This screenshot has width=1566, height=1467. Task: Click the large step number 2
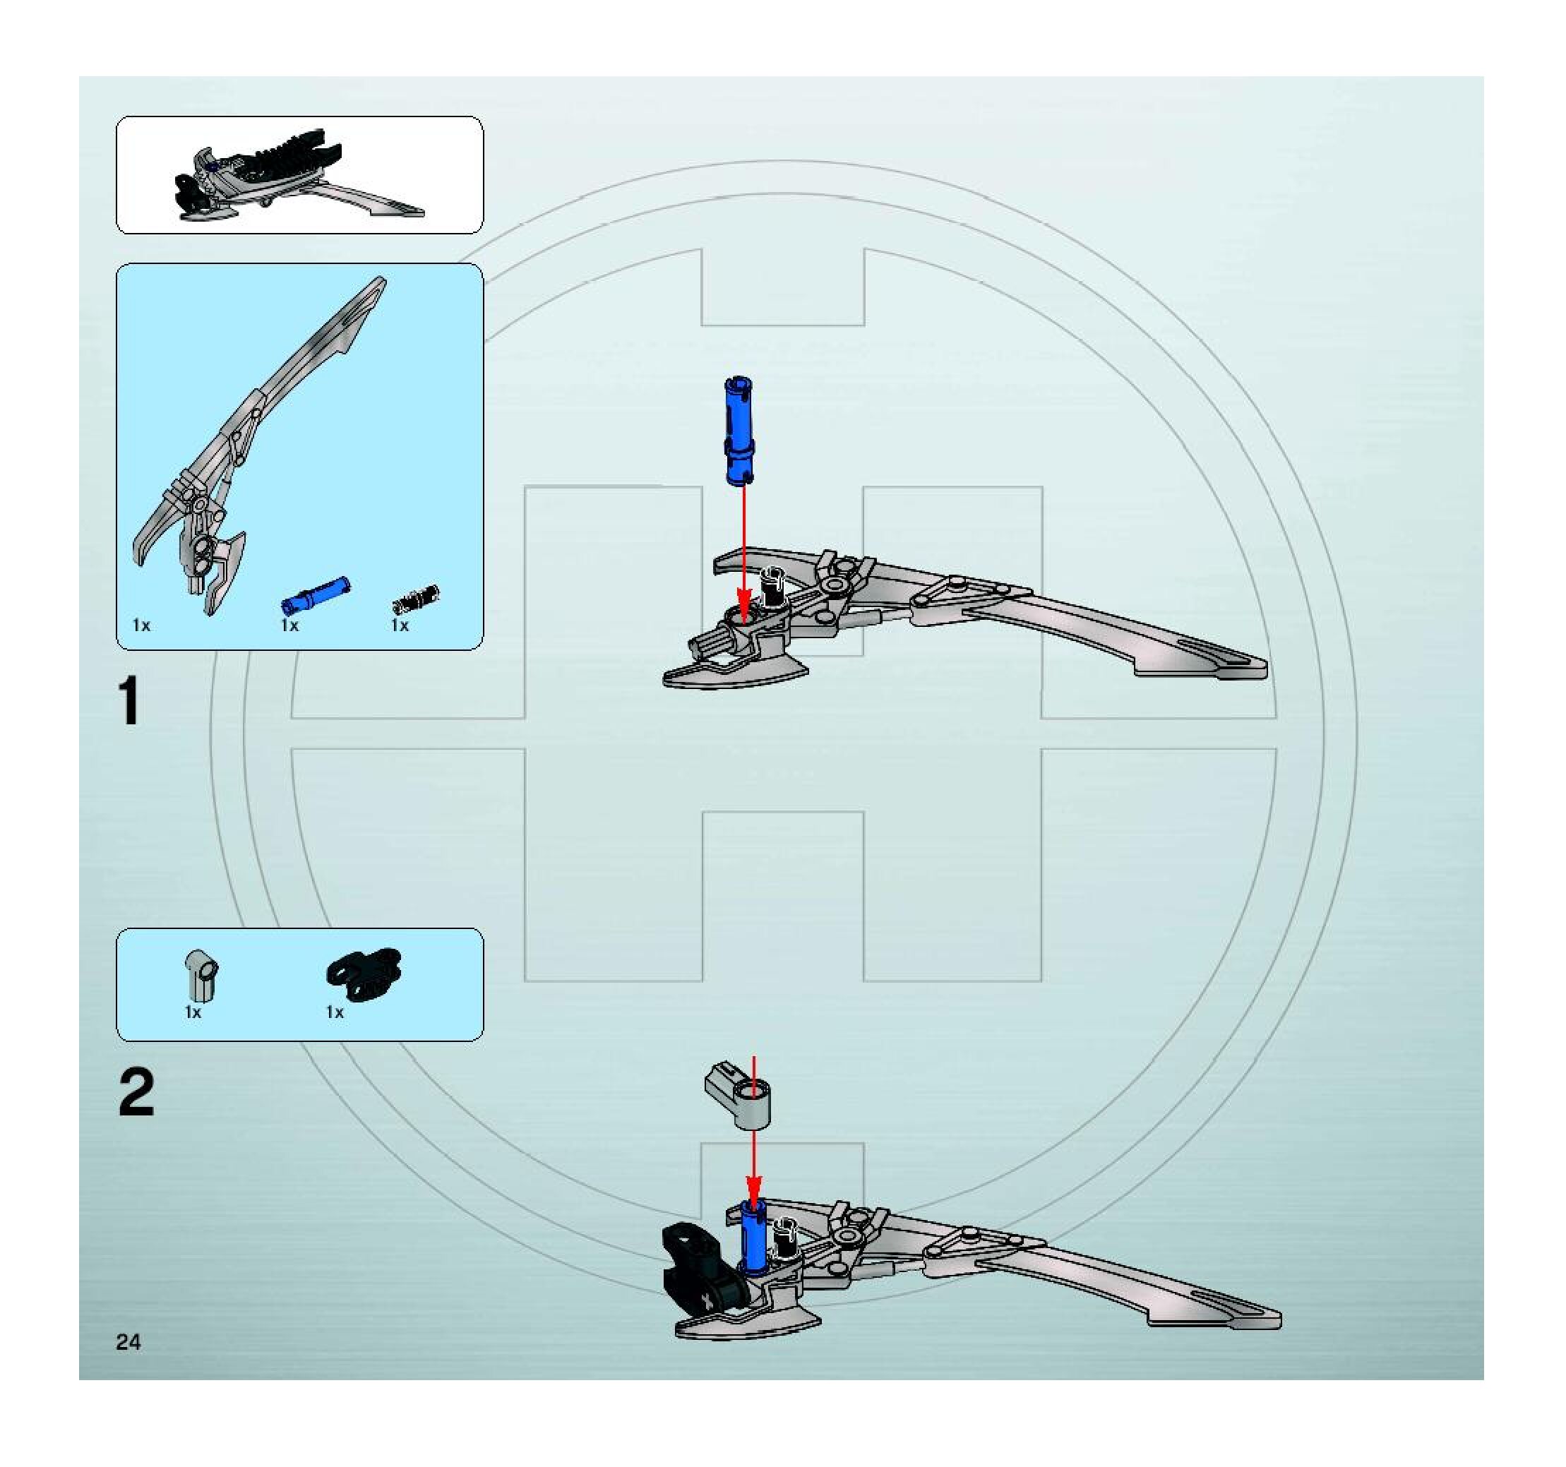pyautogui.click(x=136, y=1094)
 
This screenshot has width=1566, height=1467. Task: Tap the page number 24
pyautogui.click(x=128, y=1342)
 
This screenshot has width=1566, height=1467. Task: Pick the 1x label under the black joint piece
pyautogui.click(x=335, y=1012)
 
